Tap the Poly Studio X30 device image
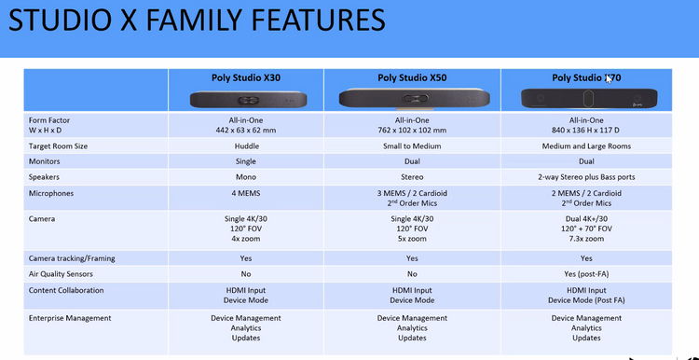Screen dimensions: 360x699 tap(246, 98)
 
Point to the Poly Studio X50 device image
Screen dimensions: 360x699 tap(411, 98)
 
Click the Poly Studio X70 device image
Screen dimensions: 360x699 tap(586, 98)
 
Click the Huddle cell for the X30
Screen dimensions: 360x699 tap(246, 146)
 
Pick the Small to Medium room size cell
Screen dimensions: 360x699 tap(411, 146)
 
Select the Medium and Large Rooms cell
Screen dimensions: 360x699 tap(586, 146)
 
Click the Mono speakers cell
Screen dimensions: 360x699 tap(246, 176)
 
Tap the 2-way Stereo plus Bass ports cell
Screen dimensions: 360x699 tap(586, 176)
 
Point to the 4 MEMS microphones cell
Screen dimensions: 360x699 tap(246, 193)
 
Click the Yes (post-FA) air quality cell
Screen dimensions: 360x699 tap(586, 273)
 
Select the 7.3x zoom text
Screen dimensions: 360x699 tap(586, 239)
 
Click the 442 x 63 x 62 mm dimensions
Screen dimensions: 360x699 tap(246, 130)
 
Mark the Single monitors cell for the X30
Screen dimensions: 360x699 tap(246, 161)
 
